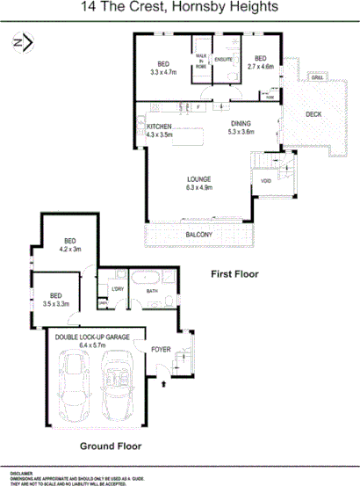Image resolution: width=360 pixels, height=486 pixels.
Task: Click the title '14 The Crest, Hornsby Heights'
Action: [x=180, y=8]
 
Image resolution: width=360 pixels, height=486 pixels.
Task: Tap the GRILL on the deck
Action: [x=317, y=76]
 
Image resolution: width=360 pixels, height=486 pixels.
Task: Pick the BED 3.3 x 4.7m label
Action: [x=163, y=69]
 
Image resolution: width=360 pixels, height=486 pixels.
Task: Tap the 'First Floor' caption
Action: [x=235, y=274]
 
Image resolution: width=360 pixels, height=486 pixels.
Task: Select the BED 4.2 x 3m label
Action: [x=68, y=244]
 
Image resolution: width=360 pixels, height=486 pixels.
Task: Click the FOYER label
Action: [x=162, y=349]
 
